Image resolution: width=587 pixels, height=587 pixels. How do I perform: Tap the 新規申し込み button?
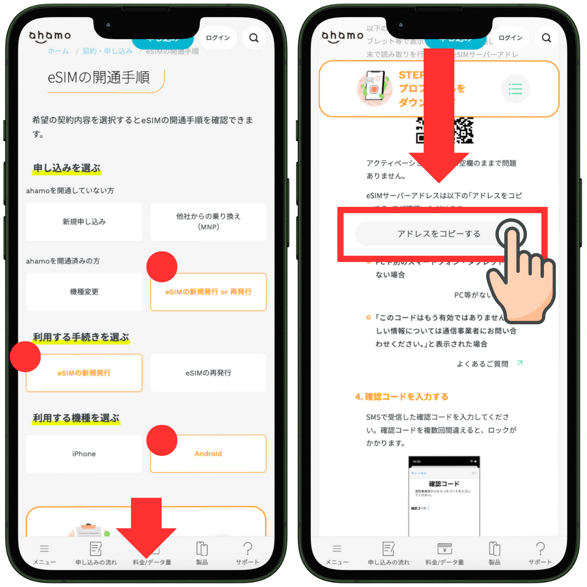84,222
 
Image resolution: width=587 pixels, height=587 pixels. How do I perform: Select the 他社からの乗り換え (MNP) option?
208,222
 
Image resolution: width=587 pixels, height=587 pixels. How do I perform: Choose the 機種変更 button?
84,292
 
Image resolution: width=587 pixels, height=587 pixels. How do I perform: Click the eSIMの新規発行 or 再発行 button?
208,292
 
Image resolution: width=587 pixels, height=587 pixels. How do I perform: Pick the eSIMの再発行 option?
208,373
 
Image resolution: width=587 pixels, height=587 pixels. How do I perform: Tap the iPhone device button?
84,454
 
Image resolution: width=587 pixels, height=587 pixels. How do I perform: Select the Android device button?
208,454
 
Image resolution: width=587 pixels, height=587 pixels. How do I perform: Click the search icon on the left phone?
253,38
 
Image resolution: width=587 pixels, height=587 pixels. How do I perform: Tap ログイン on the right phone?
510,38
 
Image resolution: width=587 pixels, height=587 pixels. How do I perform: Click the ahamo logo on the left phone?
50,36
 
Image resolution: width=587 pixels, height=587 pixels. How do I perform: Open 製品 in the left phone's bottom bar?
202,553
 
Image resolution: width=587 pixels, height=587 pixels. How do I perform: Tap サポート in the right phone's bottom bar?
540,553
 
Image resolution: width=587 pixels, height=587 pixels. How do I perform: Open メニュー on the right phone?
337,553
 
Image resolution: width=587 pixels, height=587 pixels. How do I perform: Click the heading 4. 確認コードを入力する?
402,397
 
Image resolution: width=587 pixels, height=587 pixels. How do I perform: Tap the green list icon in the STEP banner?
516,89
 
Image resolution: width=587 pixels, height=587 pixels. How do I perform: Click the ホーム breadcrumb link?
58,51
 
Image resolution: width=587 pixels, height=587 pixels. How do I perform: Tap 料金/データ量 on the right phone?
445,553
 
